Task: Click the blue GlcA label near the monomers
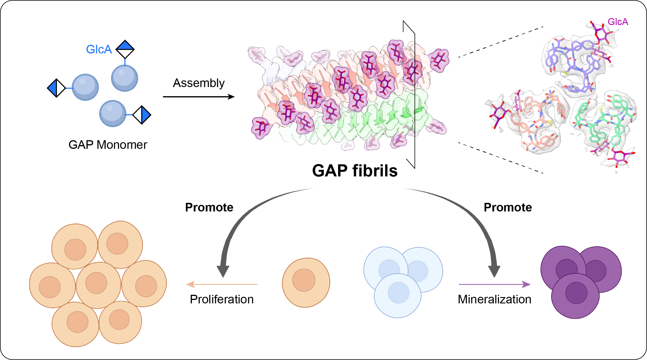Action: coord(99,49)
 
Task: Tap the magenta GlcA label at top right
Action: coord(618,22)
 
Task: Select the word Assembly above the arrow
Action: coord(199,83)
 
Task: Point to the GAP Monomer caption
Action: coord(108,145)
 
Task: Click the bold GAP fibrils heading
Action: coord(355,171)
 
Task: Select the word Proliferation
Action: coord(222,299)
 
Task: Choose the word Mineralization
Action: coord(495,299)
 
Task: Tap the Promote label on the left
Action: coord(209,207)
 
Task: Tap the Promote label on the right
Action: coord(508,207)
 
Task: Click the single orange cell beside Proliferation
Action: coord(306,282)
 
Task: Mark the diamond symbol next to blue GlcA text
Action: coord(125,49)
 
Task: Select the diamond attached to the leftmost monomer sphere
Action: coord(57,88)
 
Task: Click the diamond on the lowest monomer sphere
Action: coord(142,115)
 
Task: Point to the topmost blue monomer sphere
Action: coord(124,78)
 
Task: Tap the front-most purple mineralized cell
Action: coord(575,296)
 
